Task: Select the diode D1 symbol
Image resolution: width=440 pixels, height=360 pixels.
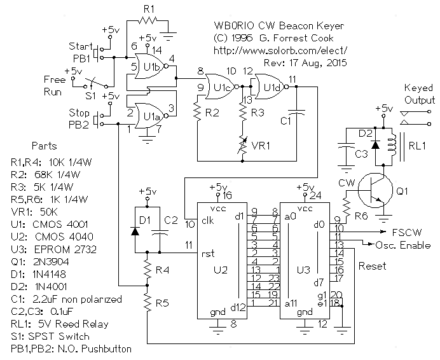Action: [135, 231]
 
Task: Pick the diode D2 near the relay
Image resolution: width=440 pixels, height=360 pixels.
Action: [376, 144]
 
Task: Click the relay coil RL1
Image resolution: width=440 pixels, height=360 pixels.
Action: [394, 143]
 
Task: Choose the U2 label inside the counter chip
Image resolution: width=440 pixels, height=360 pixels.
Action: [220, 270]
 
